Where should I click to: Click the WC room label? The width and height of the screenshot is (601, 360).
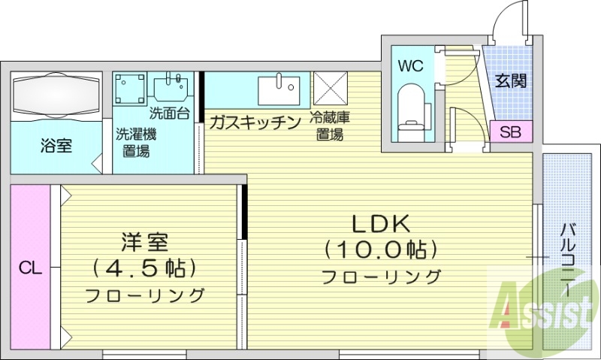tap(411, 65)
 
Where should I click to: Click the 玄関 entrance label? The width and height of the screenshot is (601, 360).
tap(510, 80)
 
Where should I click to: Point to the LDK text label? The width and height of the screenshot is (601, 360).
tap(381, 225)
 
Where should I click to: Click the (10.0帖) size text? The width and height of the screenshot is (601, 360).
tap(381, 249)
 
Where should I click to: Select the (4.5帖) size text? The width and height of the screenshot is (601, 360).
tap(144, 267)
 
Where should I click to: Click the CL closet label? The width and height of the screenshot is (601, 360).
tap(30, 267)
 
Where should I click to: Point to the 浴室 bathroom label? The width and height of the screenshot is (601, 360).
tap(56, 146)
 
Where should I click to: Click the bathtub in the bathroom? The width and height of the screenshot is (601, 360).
tap(56, 95)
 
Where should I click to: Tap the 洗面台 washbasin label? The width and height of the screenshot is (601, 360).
tap(169, 114)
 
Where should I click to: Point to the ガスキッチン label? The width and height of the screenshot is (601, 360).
tap(255, 123)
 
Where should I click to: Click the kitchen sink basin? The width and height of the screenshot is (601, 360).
tap(279, 90)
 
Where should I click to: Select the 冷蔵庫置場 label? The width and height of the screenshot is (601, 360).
tap(331, 127)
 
